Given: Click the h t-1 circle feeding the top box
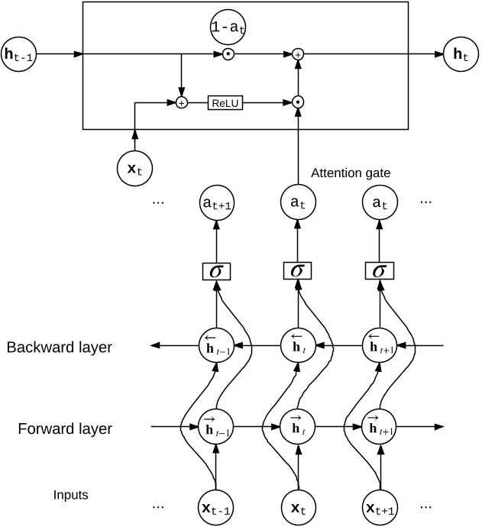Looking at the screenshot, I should click(x=18, y=55).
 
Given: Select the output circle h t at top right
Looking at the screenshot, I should click(x=461, y=55).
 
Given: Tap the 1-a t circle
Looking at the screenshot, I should click(x=228, y=27).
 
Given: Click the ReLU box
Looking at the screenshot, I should click(x=225, y=102).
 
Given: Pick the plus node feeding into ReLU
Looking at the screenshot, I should click(x=182, y=102).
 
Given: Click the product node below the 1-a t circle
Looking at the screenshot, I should click(x=228, y=55).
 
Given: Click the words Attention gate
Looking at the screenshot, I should click(x=351, y=173).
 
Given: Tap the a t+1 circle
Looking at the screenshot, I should click(x=216, y=204).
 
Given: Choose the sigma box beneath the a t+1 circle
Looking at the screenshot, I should click(x=216, y=270).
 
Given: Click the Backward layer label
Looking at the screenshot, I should click(x=59, y=348).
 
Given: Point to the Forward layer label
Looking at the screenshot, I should click(x=65, y=428).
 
